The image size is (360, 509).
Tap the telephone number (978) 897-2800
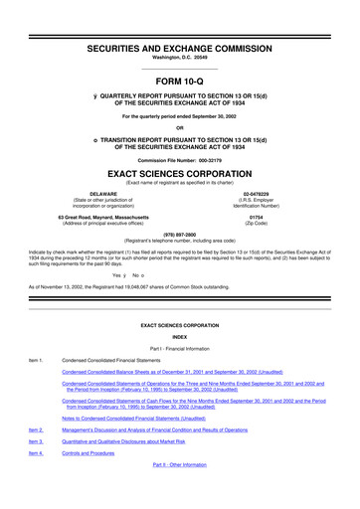point(180,234)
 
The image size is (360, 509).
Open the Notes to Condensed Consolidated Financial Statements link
point(147,446)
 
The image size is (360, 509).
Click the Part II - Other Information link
point(180,493)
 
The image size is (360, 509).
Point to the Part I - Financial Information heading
point(180,376)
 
